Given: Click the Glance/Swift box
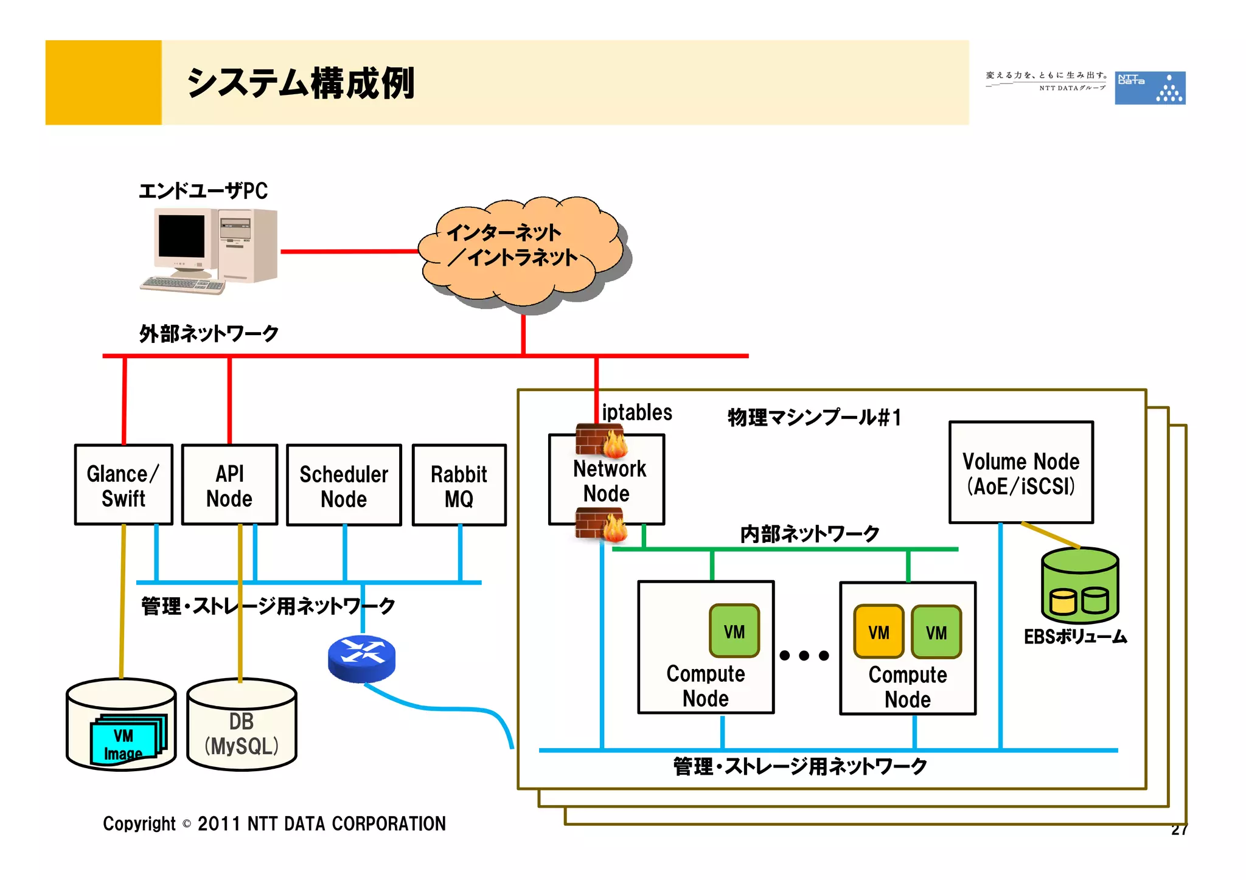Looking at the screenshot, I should click(x=124, y=485).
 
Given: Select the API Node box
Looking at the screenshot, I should click(x=229, y=485).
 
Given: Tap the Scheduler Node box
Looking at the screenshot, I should click(x=344, y=485).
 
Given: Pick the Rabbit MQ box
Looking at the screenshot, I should click(x=459, y=485).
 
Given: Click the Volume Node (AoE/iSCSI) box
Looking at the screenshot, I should click(x=1021, y=473).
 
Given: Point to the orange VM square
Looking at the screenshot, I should click(x=878, y=632).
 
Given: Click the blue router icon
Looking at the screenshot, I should click(x=361, y=658).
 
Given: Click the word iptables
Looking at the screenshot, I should click(x=636, y=412).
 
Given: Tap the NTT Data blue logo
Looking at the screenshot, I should click(x=1149, y=88).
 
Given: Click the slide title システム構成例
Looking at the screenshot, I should click(x=301, y=83).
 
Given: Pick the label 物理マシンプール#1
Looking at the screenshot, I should click(x=814, y=418).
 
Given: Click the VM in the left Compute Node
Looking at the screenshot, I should click(x=734, y=631).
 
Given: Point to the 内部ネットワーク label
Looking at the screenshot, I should click(x=809, y=533).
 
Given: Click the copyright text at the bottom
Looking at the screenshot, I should click(x=274, y=823).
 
